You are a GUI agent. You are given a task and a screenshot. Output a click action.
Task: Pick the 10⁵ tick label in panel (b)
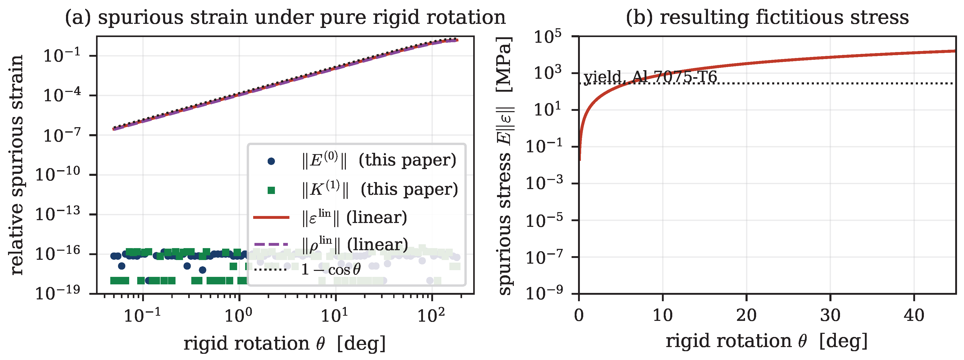[547, 37]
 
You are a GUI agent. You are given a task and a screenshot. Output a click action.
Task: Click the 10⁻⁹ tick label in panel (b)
[544, 293]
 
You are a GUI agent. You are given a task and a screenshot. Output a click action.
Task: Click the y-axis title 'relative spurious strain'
[17, 165]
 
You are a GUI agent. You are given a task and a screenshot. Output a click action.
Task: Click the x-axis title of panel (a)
[284, 343]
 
